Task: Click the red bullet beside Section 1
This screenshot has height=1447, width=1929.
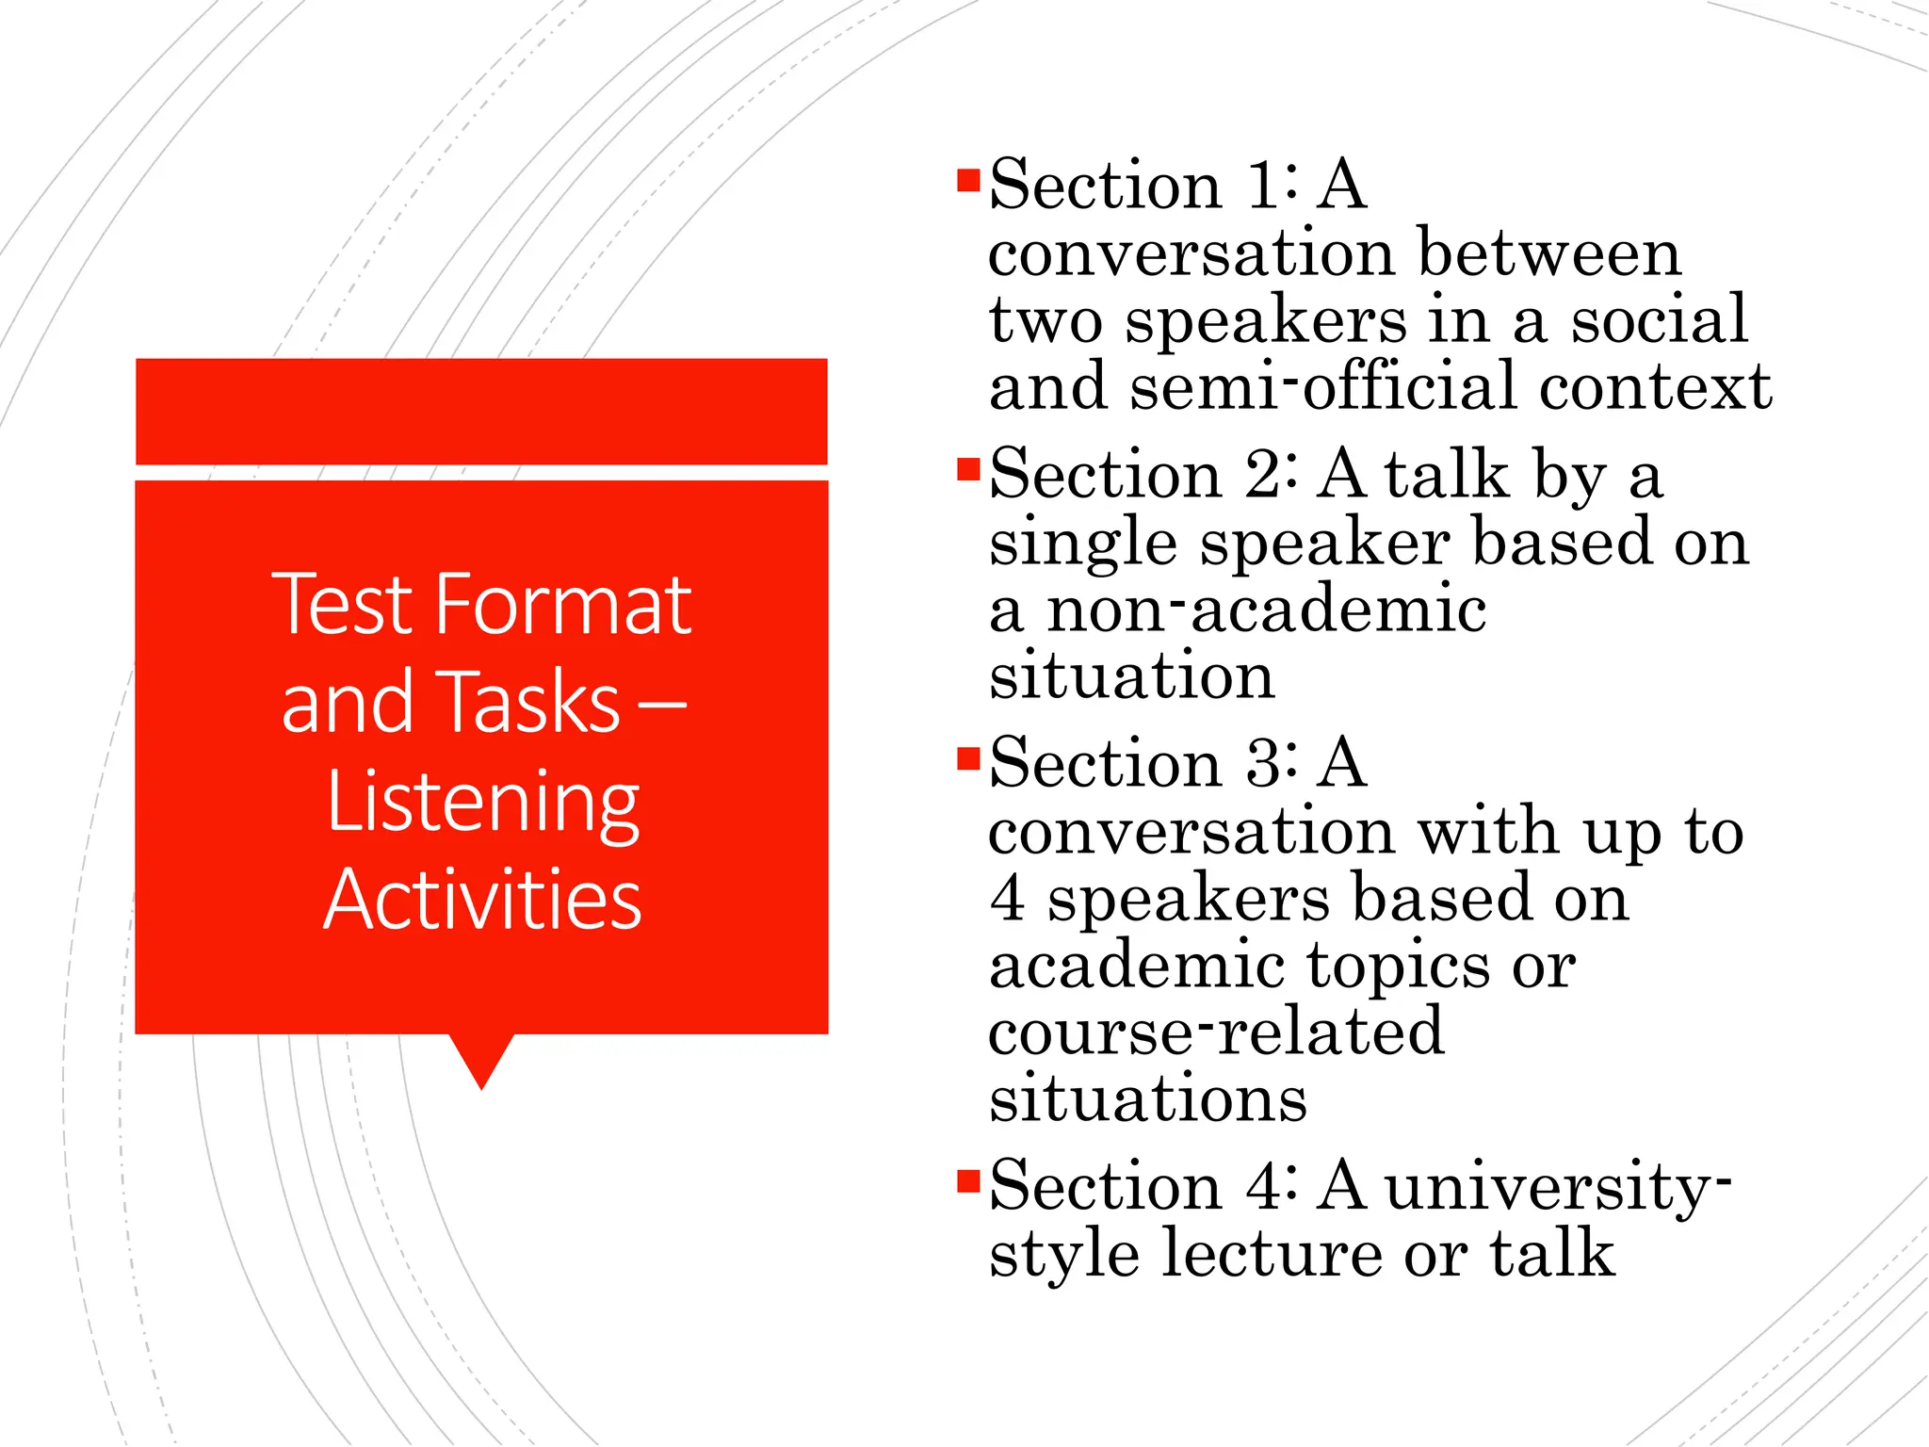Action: coord(968,180)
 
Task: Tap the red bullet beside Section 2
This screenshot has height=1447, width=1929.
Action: coord(968,469)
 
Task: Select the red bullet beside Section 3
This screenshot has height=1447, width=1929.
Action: coord(968,758)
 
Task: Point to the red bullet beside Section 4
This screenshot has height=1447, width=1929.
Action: coord(968,1180)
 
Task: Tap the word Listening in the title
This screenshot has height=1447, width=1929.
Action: coord(482,803)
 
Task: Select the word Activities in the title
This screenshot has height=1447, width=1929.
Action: coord(482,900)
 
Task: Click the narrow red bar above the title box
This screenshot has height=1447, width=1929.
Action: coord(481,412)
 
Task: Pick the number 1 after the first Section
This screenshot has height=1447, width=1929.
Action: coord(1261,185)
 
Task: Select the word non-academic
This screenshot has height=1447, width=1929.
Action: coord(1267,610)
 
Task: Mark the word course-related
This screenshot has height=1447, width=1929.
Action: coord(1215,1032)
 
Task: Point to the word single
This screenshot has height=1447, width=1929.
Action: coord(1083,545)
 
